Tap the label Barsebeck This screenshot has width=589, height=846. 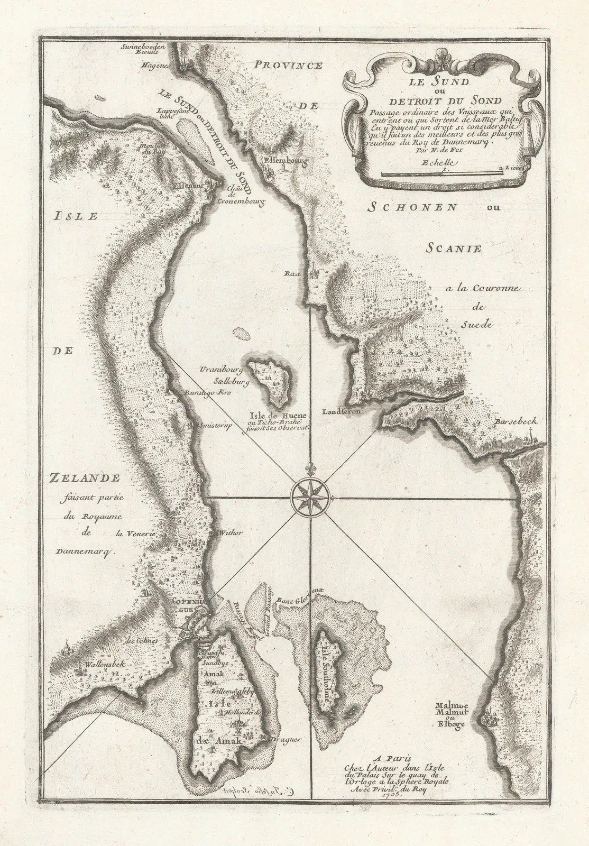517,421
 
